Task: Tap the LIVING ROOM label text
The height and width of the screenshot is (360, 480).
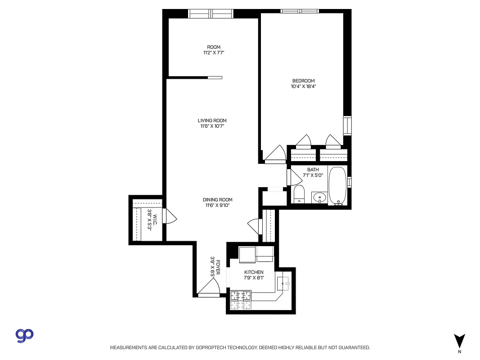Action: click(212, 121)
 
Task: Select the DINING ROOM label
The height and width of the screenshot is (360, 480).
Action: click(217, 200)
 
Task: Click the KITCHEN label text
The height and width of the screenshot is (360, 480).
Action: click(254, 272)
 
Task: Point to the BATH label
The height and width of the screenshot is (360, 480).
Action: click(313, 170)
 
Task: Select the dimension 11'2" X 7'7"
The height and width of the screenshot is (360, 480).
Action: click(214, 53)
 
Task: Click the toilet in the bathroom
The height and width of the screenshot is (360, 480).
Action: click(299, 194)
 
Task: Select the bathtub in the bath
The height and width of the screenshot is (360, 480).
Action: click(337, 186)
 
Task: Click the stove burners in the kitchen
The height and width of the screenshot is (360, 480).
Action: click(240, 300)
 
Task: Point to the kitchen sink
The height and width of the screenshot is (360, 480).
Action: click(283, 283)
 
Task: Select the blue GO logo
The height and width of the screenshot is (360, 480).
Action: click(25, 335)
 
